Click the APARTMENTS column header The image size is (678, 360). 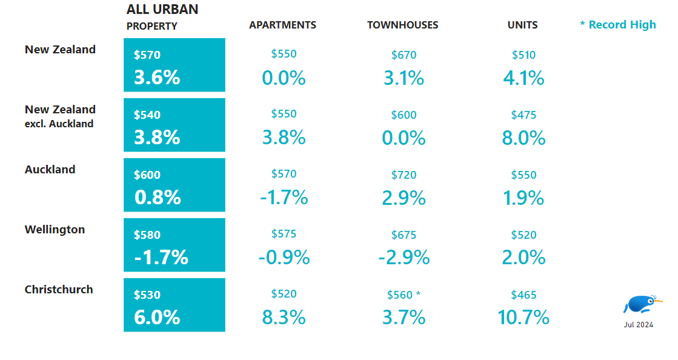(x=282, y=25)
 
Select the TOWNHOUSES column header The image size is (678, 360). (x=402, y=25)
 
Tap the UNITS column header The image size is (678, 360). (x=522, y=25)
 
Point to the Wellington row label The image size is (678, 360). (x=55, y=230)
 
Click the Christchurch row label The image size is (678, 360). (x=59, y=290)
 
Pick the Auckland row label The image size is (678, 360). (x=50, y=170)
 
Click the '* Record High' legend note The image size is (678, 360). (x=617, y=25)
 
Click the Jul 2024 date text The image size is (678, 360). (x=639, y=325)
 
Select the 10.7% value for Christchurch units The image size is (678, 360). (x=523, y=317)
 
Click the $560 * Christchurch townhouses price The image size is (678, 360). (x=404, y=295)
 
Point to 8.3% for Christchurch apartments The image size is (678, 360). (x=284, y=317)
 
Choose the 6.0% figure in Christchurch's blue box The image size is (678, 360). (x=157, y=317)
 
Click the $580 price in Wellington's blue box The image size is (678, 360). (x=147, y=235)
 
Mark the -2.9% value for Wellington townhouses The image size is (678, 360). (x=404, y=258)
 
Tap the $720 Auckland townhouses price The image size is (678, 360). (x=404, y=175)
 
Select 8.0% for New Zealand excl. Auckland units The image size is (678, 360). (x=523, y=138)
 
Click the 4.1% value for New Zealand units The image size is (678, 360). (x=523, y=78)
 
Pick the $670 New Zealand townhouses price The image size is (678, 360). (x=404, y=55)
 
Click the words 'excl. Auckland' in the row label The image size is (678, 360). (x=59, y=124)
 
